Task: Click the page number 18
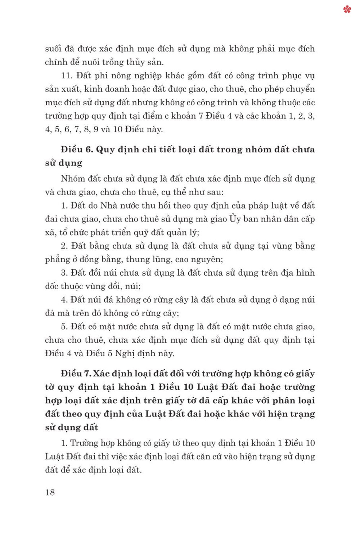point(50,492)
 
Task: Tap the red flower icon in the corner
point(347,9)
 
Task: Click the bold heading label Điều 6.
point(77,149)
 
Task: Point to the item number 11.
point(67,76)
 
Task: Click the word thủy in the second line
point(135,62)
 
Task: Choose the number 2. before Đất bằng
point(64,246)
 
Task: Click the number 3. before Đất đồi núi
point(64,273)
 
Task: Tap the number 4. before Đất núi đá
point(64,300)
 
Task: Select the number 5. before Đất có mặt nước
point(64,327)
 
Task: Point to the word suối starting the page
point(53,49)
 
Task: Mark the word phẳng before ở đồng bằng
point(58,259)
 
